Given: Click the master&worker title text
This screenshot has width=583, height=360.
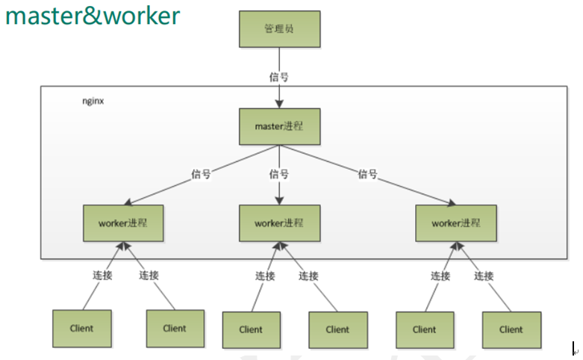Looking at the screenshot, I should (93, 16).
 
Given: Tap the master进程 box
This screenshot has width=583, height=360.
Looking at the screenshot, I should (279, 126).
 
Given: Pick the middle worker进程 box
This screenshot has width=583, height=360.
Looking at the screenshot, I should (279, 223).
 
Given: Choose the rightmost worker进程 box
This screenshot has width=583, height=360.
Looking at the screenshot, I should (456, 223).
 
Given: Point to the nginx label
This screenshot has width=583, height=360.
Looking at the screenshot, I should (93, 100).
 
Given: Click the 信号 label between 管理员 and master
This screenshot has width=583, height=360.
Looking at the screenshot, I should (278, 76).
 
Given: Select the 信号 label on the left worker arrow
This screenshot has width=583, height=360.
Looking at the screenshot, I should (201, 174).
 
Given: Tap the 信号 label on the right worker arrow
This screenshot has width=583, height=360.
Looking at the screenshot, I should (367, 174).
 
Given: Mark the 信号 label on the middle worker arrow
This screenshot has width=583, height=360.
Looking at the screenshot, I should (278, 174).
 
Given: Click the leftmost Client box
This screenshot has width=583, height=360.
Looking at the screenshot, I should (82, 329).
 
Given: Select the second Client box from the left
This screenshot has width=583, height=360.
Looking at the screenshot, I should (175, 329).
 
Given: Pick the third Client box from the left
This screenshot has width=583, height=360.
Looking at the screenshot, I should (252, 329).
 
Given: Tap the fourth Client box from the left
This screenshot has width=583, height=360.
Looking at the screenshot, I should (337, 329).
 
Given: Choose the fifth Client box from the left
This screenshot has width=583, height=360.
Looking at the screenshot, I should (424, 329).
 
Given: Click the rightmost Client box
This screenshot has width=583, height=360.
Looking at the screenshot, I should (511, 329).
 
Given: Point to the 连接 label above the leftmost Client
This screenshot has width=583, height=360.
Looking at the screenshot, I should (102, 275).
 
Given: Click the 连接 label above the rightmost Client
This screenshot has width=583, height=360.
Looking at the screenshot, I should (484, 276).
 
